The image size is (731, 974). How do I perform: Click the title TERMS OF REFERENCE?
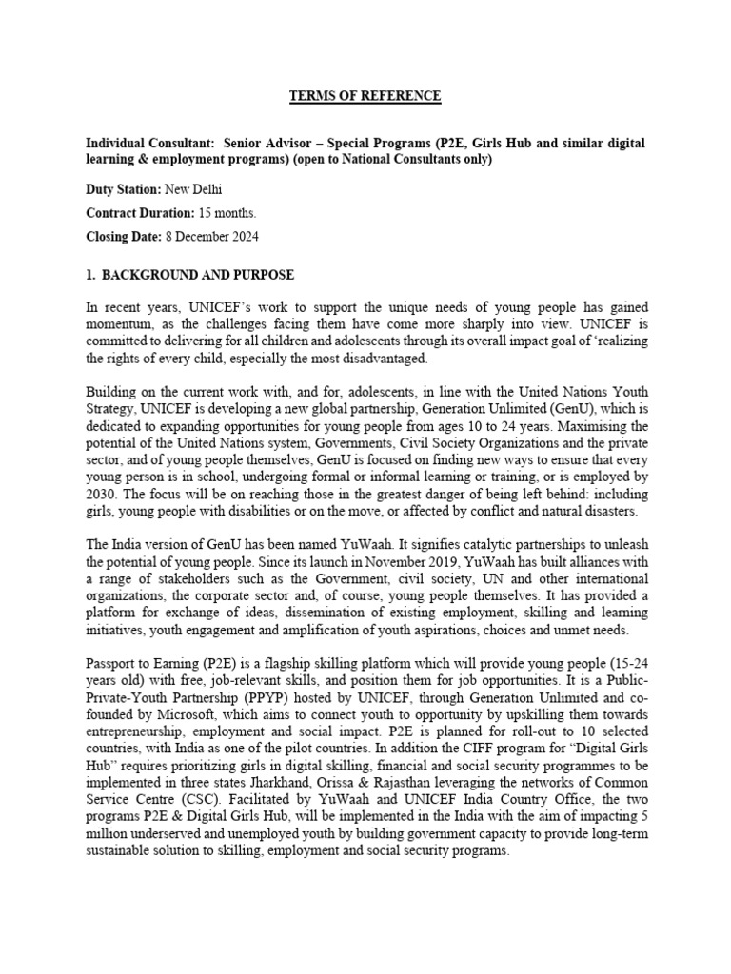point(365,95)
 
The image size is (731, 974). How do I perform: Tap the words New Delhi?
point(192,190)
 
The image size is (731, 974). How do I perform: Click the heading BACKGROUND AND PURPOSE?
point(199,276)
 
